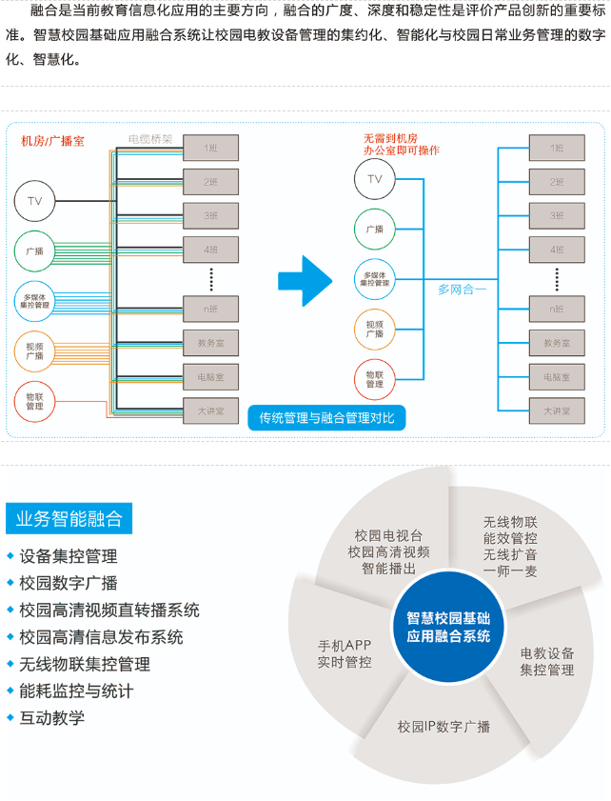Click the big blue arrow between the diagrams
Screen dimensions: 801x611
(306, 280)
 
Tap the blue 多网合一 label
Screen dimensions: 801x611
(462, 289)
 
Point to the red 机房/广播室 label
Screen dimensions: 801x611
(52, 141)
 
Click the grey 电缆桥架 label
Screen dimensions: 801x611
(150, 139)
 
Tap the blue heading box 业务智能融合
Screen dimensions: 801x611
(69, 519)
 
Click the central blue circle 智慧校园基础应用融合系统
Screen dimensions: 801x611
(448, 627)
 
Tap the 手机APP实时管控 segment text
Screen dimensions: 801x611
(345, 653)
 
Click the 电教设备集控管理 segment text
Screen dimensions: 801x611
(547, 661)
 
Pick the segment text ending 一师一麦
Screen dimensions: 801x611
(510, 546)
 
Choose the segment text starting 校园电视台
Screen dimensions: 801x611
(388, 551)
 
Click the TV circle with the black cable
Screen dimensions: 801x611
(35, 200)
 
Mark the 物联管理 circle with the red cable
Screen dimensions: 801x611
(35, 401)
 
